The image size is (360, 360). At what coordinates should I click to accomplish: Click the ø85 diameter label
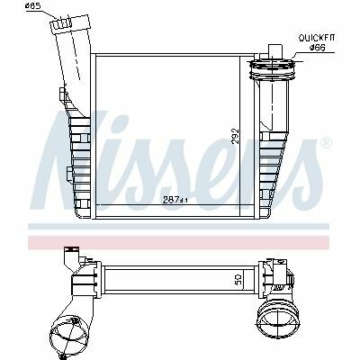[x=33, y=6]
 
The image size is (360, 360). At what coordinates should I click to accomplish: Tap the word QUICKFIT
[x=316, y=38]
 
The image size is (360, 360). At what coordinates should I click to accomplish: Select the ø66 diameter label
[x=318, y=48]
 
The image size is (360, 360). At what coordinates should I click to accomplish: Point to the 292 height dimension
[x=236, y=136]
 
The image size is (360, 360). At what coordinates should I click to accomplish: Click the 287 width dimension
[x=175, y=200]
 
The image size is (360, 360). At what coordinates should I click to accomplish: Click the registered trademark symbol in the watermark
[x=326, y=142]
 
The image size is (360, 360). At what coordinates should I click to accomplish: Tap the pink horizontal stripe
[x=179, y=242]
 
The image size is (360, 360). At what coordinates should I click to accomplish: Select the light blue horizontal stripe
[x=179, y=227]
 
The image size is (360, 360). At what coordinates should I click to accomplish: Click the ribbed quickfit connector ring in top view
[x=271, y=69]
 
